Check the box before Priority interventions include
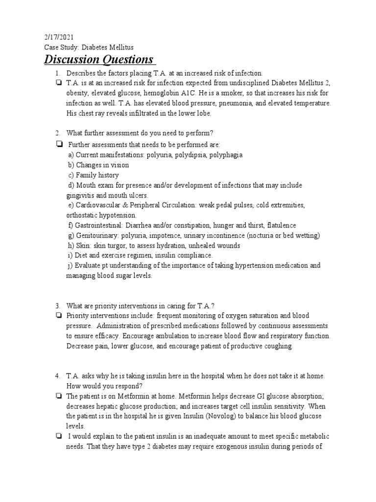[x=59, y=316]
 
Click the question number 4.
[x=57, y=376]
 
